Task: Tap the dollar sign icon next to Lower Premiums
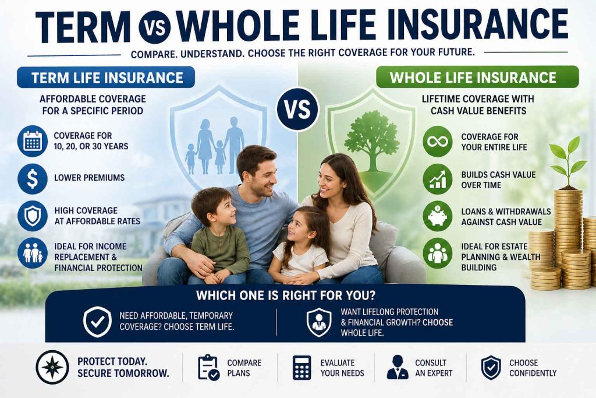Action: (33, 178)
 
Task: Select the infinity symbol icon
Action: (437, 142)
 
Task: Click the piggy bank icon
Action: (437, 214)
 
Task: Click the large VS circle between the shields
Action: (297, 108)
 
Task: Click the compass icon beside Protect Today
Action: (52, 367)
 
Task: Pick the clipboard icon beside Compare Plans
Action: (208, 367)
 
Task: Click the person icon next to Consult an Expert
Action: (398, 367)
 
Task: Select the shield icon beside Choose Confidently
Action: (491, 367)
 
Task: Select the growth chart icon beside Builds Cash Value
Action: (437, 178)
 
